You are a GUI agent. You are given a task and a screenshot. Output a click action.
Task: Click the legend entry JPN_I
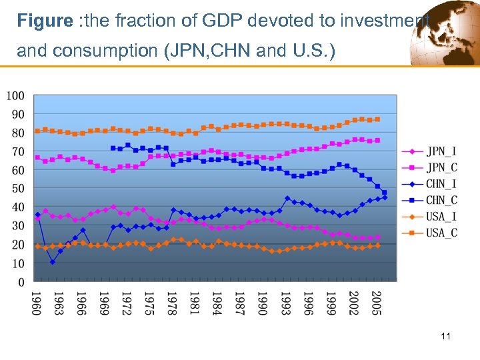point(437,151)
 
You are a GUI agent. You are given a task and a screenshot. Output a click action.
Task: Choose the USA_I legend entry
point(437,216)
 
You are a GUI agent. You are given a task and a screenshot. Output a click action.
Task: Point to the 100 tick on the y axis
point(16,95)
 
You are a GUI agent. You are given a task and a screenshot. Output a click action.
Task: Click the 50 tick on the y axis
point(19,189)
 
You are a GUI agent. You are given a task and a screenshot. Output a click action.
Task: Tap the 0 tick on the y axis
point(21,283)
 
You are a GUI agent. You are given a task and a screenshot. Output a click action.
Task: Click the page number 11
point(446,336)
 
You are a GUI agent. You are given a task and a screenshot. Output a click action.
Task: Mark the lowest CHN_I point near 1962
point(53,262)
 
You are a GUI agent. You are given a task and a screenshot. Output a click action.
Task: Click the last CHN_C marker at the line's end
point(384,193)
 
